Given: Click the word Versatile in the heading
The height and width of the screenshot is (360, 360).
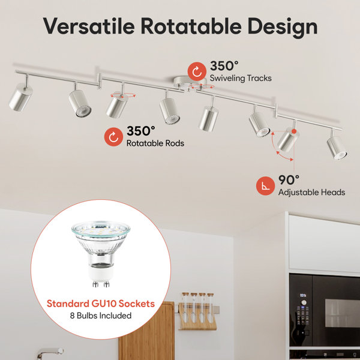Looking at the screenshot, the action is (89, 26).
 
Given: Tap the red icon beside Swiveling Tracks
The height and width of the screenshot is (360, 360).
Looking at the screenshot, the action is (197, 71).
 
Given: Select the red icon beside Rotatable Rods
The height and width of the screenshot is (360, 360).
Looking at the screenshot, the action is (113, 137).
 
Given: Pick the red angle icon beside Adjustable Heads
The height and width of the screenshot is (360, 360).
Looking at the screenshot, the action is (265, 186).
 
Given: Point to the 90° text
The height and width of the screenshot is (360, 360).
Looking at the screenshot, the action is (289, 180).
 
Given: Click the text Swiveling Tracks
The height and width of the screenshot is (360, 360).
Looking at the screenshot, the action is (241, 78).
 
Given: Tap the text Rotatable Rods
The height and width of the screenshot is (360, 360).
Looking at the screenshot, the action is (155, 143).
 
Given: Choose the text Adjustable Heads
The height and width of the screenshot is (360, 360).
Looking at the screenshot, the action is (311, 192).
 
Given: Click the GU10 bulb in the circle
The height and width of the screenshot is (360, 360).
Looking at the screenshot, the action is (101, 254).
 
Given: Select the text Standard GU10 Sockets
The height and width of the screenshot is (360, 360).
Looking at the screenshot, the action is (101, 304).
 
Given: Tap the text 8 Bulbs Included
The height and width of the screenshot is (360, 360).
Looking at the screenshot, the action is (101, 316).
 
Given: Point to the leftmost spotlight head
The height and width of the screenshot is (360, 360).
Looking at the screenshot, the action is (20, 97).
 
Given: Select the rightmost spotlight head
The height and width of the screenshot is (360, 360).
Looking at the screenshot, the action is (337, 148).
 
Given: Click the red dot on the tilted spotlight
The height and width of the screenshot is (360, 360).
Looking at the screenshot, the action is (294, 131).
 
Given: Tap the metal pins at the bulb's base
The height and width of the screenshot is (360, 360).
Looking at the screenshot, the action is (101, 284).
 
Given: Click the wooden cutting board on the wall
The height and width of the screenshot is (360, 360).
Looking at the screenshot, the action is (146, 331).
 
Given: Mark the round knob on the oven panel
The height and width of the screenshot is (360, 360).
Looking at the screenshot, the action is (304, 302).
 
